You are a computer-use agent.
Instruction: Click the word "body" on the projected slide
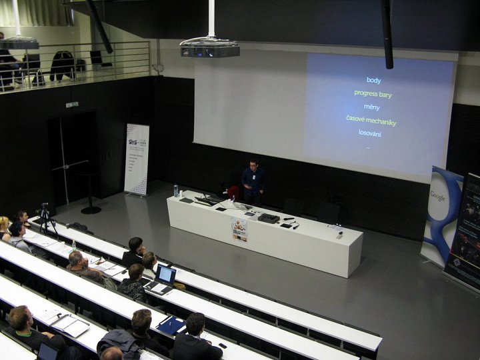pos(373,81)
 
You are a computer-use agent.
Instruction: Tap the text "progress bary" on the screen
pos(373,94)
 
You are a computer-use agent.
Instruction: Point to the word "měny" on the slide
pos(371,107)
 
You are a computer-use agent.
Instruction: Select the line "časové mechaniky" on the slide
pos(371,121)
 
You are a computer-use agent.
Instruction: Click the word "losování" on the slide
pos(370,133)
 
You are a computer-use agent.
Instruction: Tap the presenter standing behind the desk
pos(253,182)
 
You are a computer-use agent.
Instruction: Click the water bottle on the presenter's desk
pos(176,191)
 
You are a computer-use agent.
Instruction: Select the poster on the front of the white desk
pos(239,230)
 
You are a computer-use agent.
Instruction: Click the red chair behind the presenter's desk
pos(233,193)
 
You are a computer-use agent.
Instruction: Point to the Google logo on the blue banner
pos(437,197)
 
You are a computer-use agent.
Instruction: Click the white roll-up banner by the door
pos(137,159)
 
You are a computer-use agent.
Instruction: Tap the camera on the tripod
pos(45,209)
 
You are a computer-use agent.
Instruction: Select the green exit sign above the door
pos(72,105)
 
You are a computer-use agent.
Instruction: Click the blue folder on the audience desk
pos(172,325)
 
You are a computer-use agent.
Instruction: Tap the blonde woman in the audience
pos(4,227)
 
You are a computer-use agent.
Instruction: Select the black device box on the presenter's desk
pos(269,218)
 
